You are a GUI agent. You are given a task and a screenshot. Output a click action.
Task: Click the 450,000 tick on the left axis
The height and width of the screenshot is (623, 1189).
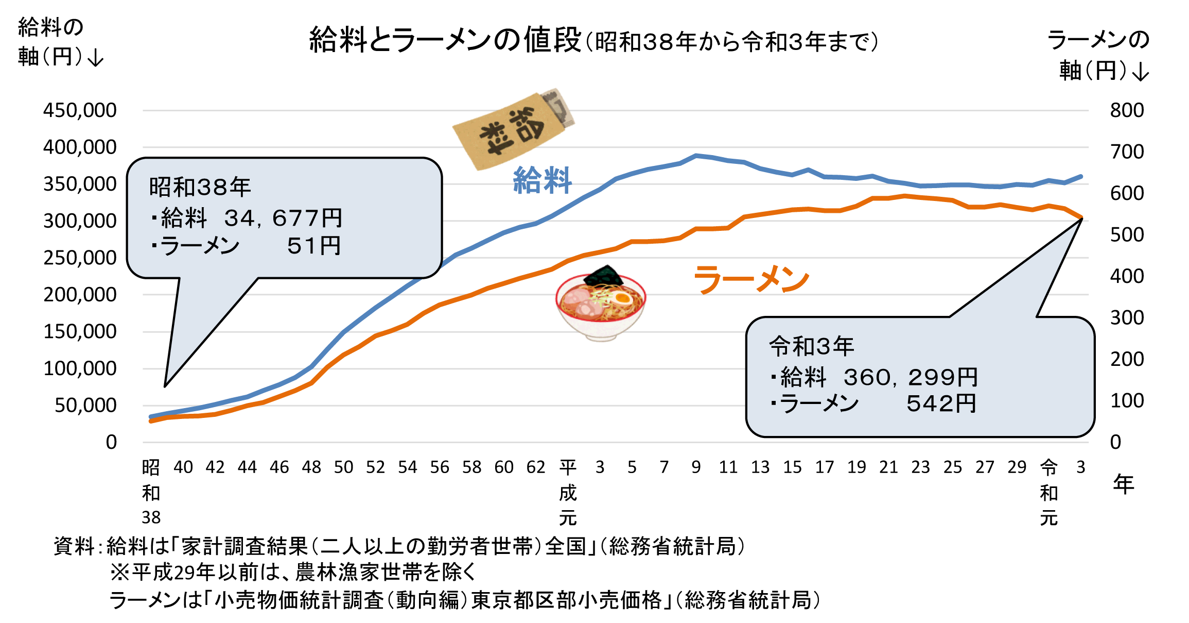(x=80, y=110)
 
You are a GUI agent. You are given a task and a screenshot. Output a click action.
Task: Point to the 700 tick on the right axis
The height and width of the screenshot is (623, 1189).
(x=1126, y=152)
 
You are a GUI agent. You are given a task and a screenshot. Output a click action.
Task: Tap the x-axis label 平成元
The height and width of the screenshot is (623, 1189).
(x=568, y=492)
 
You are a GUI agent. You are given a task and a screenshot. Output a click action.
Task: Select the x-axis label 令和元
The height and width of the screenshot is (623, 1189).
(x=1048, y=492)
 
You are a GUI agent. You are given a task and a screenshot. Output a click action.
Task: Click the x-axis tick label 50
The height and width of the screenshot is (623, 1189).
(x=343, y=467)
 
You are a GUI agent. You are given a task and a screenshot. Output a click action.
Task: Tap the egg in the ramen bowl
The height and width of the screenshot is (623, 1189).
(x=623, y=298)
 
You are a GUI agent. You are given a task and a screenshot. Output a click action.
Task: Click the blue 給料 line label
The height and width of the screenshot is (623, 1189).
(x=543, y=180)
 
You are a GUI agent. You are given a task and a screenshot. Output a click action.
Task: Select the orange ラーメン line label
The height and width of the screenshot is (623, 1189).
(x=751, y=280)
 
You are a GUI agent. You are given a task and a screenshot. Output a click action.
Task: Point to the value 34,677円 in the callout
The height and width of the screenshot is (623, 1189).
(x=283, y=218)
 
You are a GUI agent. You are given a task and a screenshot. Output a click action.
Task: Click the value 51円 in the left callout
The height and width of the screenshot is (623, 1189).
(x=314, y=246)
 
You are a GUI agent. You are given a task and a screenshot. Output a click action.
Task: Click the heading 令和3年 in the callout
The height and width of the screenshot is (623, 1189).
(x=811, y=346)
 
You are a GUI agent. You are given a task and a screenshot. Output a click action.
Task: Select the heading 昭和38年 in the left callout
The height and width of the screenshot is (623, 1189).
(x=200, y=187)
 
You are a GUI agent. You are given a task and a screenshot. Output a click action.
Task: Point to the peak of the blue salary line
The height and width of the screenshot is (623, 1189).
(x=696, y=155)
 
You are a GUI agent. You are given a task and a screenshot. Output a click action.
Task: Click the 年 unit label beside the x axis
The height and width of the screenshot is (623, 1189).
(x=1123, y=484)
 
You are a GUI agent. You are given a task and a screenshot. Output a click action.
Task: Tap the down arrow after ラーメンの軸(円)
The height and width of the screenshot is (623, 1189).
(x=1141, y=72)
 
